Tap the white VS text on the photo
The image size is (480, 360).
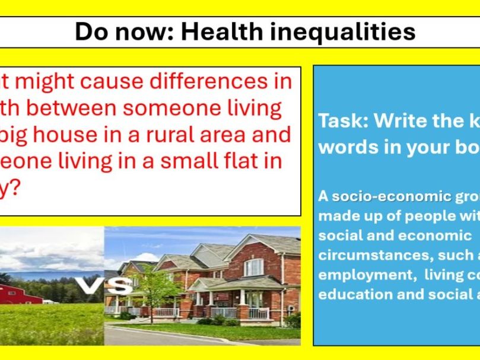point(106,287)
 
